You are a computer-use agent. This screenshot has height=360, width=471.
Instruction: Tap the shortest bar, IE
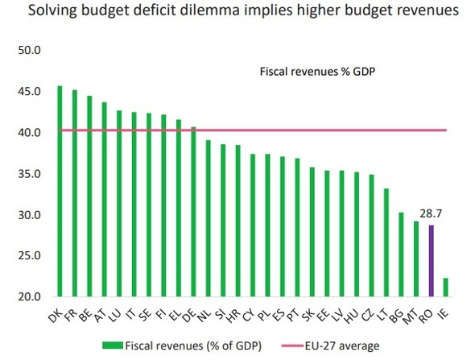445,288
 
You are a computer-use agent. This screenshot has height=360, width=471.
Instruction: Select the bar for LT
386,242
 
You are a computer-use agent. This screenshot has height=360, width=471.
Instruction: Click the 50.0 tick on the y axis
29,50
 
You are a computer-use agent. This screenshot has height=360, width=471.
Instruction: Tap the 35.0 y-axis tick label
29,174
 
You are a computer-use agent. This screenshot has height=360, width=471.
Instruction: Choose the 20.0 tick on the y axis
29,297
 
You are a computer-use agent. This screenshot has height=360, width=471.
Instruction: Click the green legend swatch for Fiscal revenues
115,346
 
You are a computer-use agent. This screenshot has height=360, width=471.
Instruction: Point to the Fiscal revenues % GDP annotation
318,71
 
